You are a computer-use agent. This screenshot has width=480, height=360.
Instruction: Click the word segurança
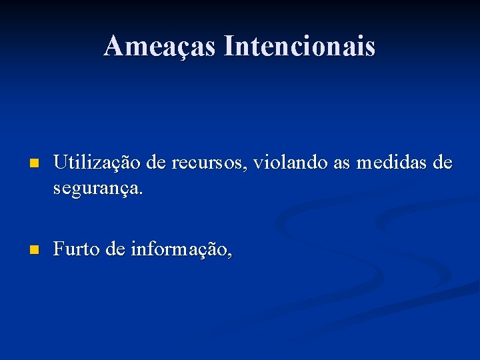click(x=96, y=189)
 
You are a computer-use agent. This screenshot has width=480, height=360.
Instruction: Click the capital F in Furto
click(x=58, y=249)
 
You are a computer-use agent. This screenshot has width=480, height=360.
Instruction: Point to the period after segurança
click(x=141, y=193)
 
